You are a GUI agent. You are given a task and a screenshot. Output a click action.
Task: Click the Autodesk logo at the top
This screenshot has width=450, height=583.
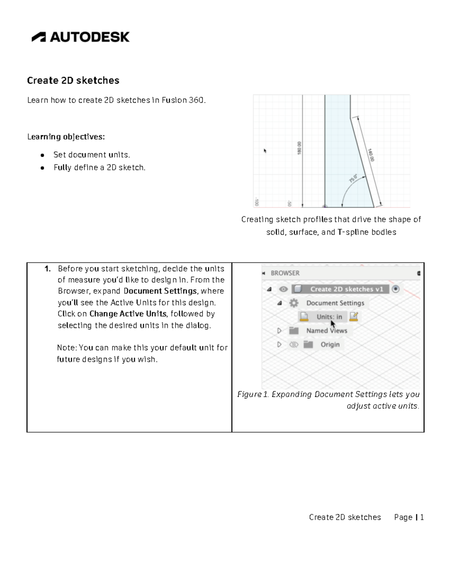click(80, 37)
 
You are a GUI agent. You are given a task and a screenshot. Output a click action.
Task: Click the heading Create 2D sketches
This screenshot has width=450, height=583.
click(73, 80)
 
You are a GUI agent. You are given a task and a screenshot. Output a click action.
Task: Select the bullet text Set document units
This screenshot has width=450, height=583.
click(91, 155)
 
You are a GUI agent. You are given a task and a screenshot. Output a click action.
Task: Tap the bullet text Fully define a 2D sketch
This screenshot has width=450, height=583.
click(99, 167)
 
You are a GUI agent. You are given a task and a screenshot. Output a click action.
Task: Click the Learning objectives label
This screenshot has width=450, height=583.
click(66, 137)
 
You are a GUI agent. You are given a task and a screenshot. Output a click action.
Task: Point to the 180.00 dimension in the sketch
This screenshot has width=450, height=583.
click(299, 148)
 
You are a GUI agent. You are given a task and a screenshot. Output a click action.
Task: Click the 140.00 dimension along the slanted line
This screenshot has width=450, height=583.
click(370, 155)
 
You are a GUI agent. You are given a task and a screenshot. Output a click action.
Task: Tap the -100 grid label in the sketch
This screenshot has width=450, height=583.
click(256, 202)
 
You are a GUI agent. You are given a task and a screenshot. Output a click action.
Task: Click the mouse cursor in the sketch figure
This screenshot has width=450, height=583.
click(265, 151)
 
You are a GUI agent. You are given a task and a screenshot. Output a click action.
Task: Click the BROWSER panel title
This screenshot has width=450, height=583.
click(285, 273)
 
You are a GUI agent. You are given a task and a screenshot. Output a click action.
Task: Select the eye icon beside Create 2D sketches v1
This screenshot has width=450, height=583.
click(283, 289)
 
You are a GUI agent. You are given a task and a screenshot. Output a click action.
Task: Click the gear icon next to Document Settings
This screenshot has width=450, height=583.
click(294, 303)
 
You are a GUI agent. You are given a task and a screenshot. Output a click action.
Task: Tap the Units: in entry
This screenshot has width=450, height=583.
click(329, 317)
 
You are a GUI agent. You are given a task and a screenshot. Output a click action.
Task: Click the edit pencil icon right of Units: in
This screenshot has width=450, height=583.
click(353, 317)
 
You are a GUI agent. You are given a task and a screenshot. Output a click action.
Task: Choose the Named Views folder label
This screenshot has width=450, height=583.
click(327, 331)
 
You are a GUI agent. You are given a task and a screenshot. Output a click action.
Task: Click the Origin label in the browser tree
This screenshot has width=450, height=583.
click(330, 345)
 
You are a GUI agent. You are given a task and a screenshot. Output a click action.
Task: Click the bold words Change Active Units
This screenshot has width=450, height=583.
click(128, 314)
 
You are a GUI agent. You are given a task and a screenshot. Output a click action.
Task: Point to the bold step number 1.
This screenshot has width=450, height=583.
click(47, 269)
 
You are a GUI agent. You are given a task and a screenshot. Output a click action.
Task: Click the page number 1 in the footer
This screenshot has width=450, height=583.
click(422, 517)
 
